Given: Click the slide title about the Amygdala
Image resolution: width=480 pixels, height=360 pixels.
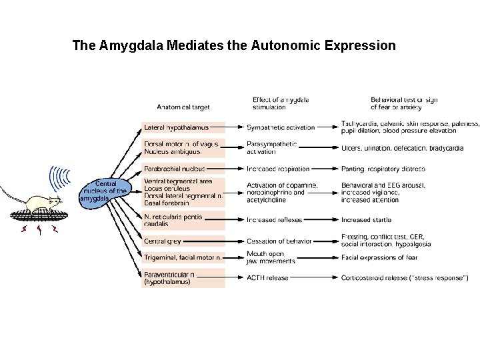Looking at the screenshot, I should point(233,46).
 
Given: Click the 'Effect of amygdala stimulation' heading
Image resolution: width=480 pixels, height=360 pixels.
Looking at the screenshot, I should point(280,103).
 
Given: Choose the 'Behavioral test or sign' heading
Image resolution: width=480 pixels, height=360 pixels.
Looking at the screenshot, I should point(404,103).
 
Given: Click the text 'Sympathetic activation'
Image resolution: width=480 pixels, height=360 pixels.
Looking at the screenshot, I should point(281,127).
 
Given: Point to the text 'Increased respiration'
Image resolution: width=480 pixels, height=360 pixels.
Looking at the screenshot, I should point(278,169).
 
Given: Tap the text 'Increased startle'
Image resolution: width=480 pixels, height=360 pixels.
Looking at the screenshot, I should point(366,219).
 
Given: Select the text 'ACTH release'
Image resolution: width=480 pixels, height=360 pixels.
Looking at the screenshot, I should point(267,277).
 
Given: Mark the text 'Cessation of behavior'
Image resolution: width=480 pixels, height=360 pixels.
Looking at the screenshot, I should point(279,241).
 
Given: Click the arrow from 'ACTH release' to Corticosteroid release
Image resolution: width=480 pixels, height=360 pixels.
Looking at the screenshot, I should point(316,277).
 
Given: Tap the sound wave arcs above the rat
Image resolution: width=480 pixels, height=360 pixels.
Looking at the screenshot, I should point(61,179).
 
